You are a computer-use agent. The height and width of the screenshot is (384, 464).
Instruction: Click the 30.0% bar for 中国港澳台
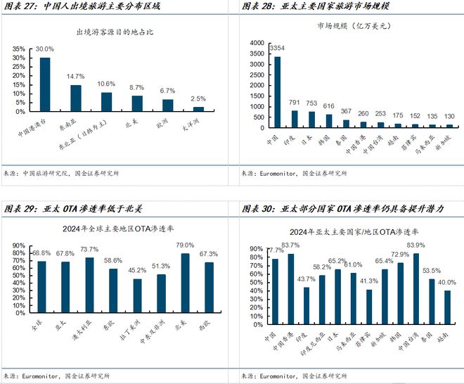point(45,85)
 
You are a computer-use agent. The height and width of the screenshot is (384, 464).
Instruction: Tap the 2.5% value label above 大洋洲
point(198,99)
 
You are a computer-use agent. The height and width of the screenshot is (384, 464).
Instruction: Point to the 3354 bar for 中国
point(278,92)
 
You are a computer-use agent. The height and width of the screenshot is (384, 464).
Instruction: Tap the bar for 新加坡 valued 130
point(449,125)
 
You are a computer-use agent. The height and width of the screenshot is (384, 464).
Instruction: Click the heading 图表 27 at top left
point(20,6)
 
